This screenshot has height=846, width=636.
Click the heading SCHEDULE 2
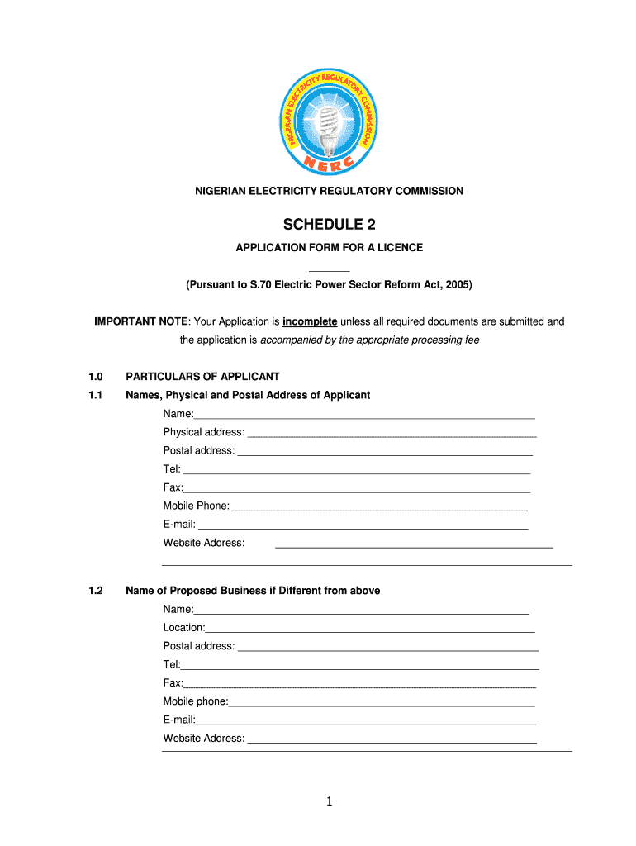click(329, 225)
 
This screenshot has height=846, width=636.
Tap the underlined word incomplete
click(310, 321)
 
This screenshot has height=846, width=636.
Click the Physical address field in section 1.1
click(392, 433)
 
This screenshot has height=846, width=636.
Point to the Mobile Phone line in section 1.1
click(379, 506)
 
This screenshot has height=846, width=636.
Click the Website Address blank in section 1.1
click(413, 544)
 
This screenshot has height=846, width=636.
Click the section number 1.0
click(95, 376)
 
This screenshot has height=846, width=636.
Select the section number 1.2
click(95, 591)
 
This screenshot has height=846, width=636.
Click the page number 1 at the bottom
click(329, 801)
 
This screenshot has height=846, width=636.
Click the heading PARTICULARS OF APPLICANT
click(202, 376)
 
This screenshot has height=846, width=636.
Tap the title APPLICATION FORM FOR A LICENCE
click(329, 247)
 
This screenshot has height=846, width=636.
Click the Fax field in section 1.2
click(360, 684)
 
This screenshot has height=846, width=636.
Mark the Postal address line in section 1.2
click(387, 647)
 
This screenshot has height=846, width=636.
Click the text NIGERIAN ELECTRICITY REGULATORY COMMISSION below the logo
click(329, 191)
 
